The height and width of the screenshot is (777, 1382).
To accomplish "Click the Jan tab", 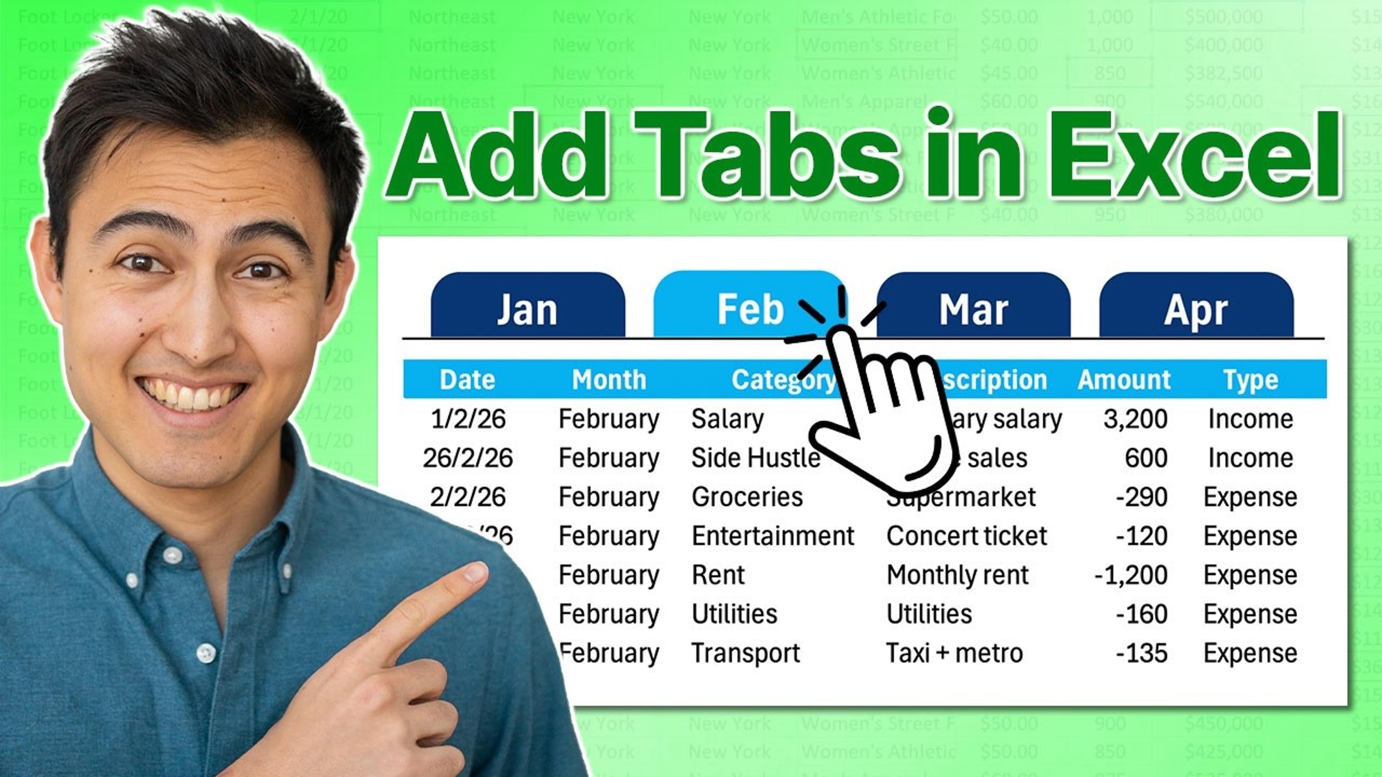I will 527,308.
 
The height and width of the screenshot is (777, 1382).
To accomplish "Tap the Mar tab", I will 973,308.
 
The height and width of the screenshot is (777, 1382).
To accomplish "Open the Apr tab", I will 1196,308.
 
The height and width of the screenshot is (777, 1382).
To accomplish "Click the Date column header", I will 467,380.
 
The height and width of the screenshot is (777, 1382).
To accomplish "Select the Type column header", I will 1251,380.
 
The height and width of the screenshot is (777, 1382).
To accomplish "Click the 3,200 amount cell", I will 1135,419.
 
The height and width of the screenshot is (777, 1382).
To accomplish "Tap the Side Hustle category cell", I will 755,458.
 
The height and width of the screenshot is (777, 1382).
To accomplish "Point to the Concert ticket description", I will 966,536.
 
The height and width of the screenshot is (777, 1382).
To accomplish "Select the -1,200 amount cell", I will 1131,575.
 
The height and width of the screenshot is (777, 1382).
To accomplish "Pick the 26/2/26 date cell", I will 467,458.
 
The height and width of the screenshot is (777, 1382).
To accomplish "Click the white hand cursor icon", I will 880,408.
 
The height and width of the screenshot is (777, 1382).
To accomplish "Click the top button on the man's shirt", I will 172,555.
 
